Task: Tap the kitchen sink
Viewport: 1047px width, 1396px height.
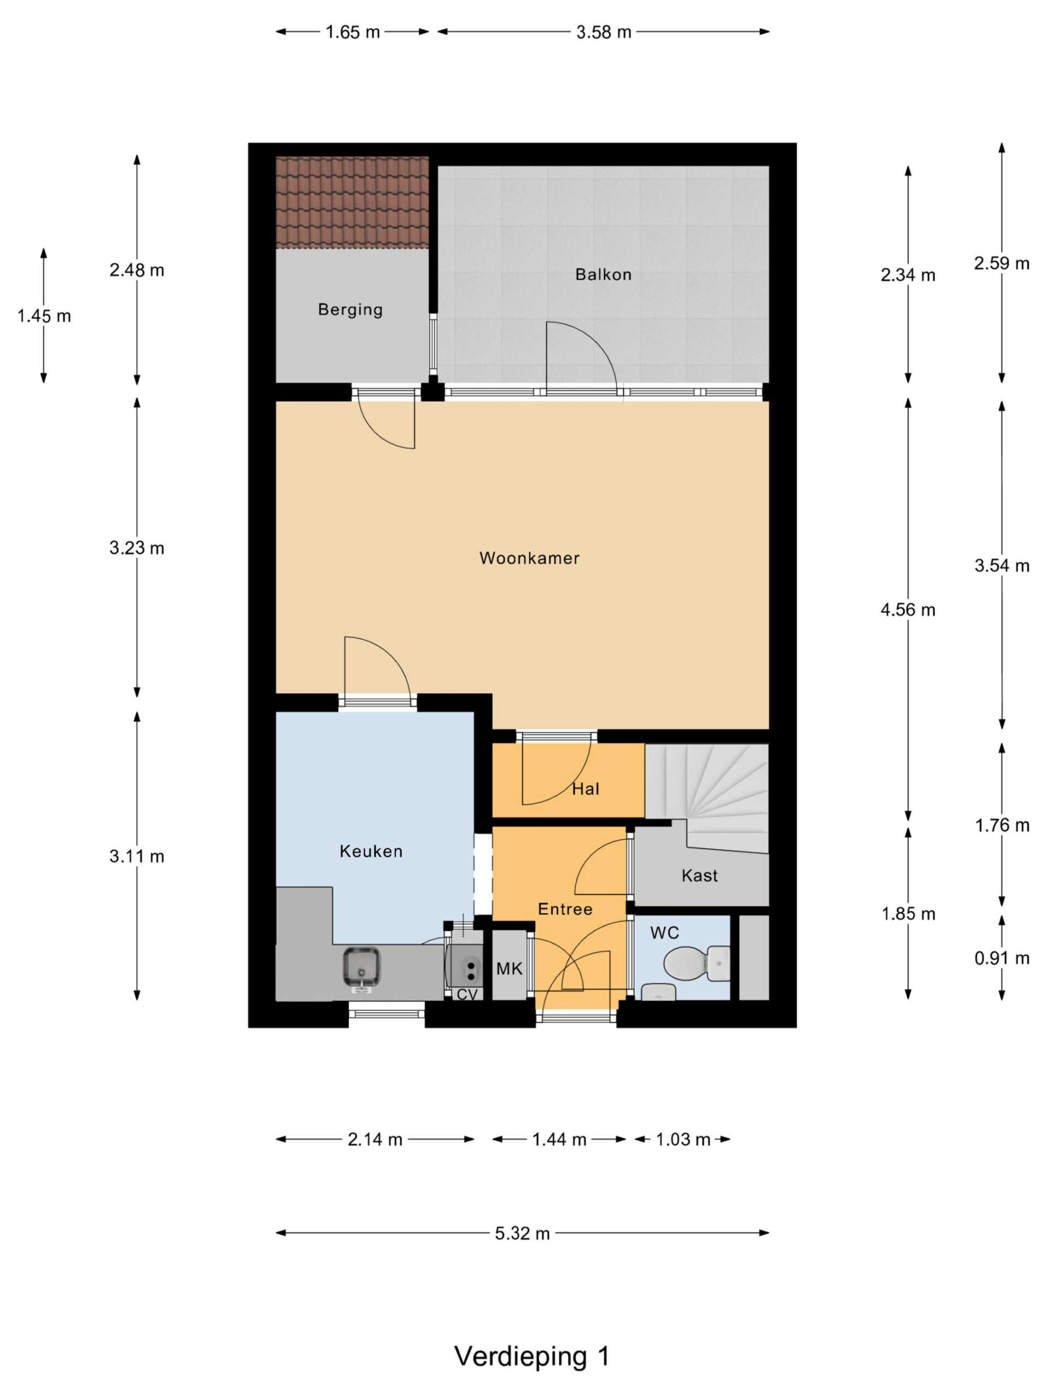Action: (x=362, y=967)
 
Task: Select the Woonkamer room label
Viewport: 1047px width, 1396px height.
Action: (x=529, y=558)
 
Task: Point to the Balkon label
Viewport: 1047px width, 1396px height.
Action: (x=603, y=274)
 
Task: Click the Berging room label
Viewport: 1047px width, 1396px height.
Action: (x=350, y=310)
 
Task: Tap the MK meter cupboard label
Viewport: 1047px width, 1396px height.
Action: (x=509, y=968)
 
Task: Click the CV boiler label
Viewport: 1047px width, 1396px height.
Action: (x=467, y=995)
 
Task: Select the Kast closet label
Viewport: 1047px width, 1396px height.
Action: (x=700, y=875)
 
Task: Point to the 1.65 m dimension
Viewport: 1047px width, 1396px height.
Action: (x=353, y=32)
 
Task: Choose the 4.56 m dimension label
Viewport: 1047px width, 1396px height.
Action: (x=908, y=610)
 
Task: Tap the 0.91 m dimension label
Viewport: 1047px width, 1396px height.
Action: (x=1002, y=958)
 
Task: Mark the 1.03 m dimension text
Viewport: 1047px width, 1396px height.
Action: (x=683, y=1139)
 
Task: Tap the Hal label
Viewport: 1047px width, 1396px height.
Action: (x=586, y=789)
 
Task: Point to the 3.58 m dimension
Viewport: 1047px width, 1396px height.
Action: (x=603, y=32)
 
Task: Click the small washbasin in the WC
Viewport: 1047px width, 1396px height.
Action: (x=658, y=992)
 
